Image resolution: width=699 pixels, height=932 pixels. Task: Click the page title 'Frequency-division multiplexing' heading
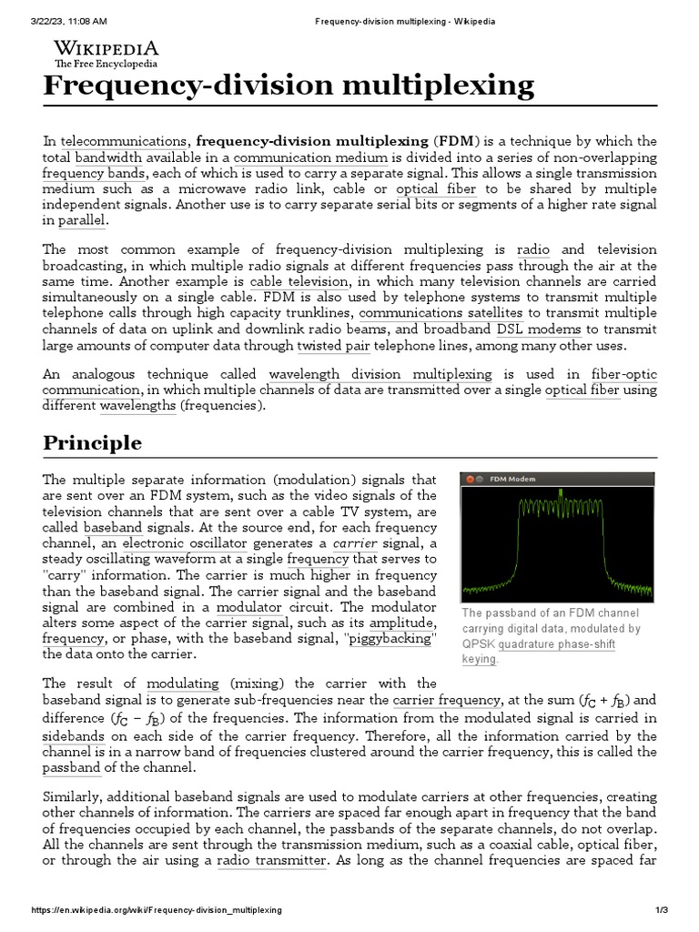[x=289, y=86]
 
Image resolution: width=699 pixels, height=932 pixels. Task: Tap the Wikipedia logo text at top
[x=106, y=49]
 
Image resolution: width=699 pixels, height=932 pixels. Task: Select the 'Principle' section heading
[x=93, y=443]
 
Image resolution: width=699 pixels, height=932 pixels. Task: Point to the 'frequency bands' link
[x=94, y=173]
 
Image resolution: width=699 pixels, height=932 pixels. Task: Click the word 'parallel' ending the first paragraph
[x=84, y=220]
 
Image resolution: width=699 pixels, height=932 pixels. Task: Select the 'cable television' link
[x=292, y=282]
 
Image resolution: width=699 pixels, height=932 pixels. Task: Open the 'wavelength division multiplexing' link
[x=380, y=375]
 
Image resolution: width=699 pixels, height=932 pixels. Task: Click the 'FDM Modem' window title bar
[x=558, y=479]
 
